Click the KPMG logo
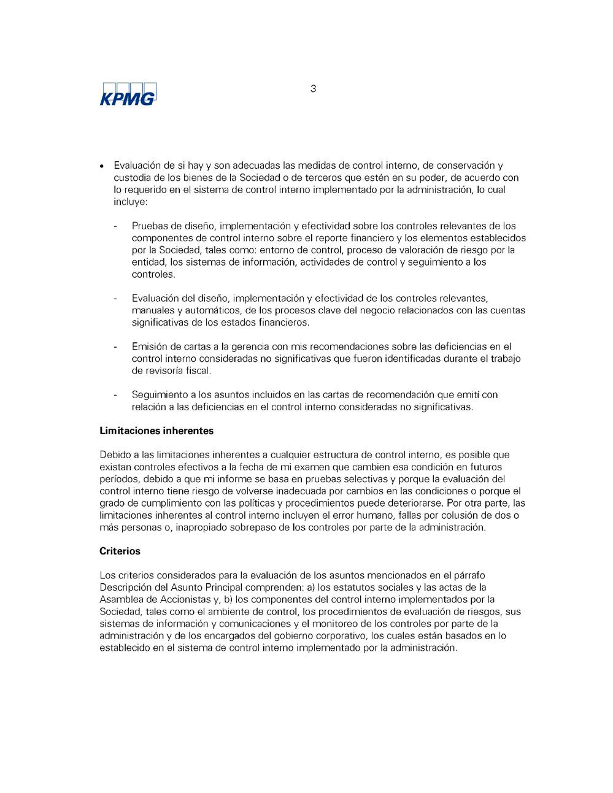coord(128,94)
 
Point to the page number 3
coord(314,89)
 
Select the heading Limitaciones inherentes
coord(156,431)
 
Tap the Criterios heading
coord(120,551)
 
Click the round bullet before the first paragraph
coord(102,166)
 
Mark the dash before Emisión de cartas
coord(115,347)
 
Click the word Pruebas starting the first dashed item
coord(150,226)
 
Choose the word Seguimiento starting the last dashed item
coord(160,395)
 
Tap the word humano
coord(376,515)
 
